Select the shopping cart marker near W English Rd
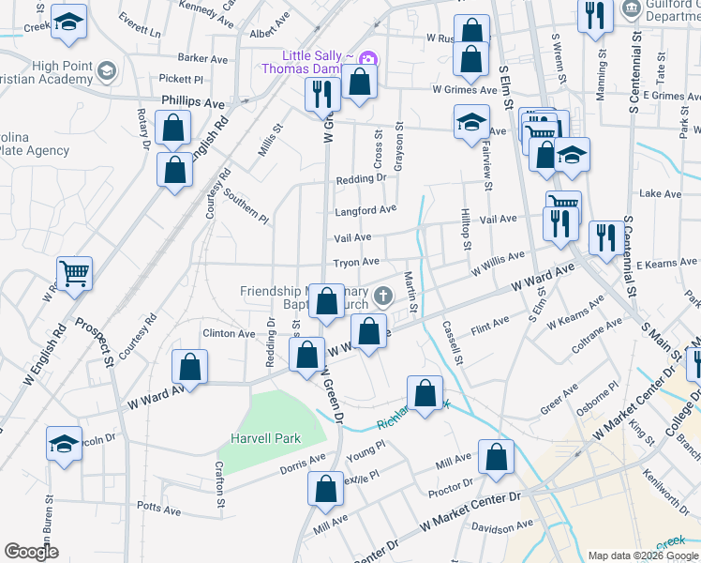point(75,273)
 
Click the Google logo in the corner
point(32,552)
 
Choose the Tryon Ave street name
point(357,262)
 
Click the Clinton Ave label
point(229,333)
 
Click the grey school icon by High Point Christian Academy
point(107,70)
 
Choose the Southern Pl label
point(246,205)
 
